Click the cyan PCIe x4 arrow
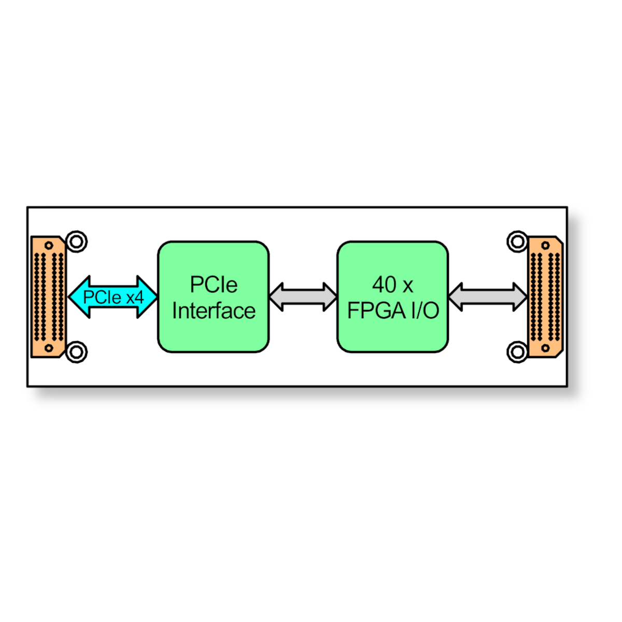pos(113,296)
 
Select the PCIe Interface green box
pos(214,296)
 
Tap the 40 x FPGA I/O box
pos(392,296)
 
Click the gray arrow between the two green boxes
pos(303,296)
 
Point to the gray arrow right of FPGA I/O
pos(487,296)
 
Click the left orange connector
pos(48,296)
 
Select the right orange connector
pos(545,296)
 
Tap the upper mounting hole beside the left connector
pos(77,242)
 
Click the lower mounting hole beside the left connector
pos(77,352)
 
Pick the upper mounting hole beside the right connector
pos(517,242)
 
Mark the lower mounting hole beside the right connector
pos(517,352)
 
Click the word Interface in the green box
pos(214,310)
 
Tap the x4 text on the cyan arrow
pos(135,297)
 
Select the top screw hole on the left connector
pos(49,245)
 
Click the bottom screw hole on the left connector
pos(49,348)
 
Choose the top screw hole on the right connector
pos(545,245)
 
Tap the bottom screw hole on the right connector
pos(545,348)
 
